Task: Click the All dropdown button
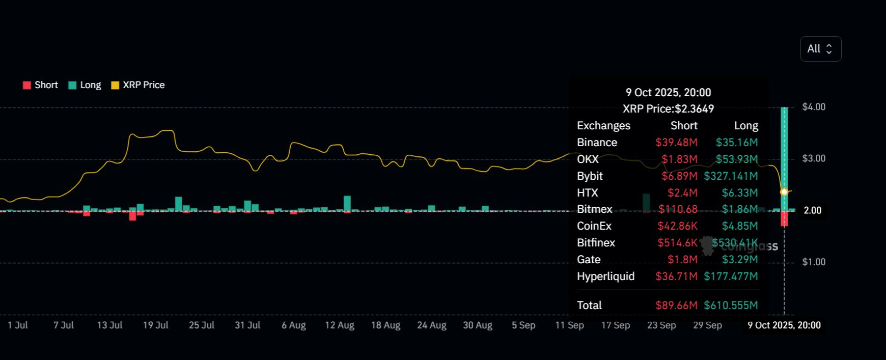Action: (x=820, y=49)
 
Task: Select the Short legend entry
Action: (x=41, y=85)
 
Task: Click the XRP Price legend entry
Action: (x=138, y=85)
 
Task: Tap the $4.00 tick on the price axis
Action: (x=813, y=107)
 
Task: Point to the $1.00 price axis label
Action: (x=813, y=262)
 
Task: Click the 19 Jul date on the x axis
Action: (x=155, y=325)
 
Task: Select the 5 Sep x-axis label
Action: (x=523, y=325)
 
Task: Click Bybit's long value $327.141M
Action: (x=731, y=176)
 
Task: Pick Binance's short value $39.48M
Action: (x=676, y=143)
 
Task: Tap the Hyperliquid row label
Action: (x=605, y=276)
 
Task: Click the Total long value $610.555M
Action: (x=731, y=306)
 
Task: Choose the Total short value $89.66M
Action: (x=676, y=306)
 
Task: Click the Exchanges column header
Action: (x=603, y=126)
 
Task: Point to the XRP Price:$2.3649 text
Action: (x=668, y=109)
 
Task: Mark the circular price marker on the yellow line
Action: (x=784, y=192)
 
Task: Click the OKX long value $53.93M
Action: (x=737, y=159)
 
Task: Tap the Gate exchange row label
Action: (x=589, y=260)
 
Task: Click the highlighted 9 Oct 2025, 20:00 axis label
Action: (x=784, y=325)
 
